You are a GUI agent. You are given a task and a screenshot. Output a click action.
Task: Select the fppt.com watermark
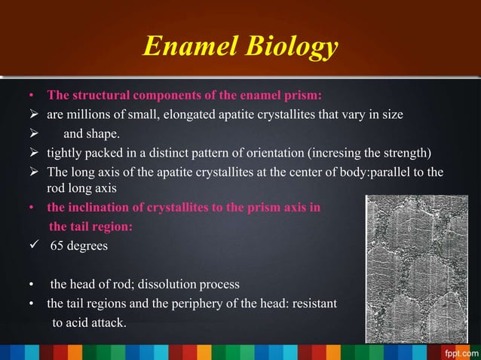pyautogui.click(x=460, y=352)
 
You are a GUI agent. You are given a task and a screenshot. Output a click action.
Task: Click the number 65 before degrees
pyautogui.click(x=57, y=246)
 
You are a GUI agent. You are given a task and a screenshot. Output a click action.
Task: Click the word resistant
pyautogui.click(x=308, y=304)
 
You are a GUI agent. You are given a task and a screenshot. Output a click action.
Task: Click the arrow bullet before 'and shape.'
pyautogui.click(x=32, y=134)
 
